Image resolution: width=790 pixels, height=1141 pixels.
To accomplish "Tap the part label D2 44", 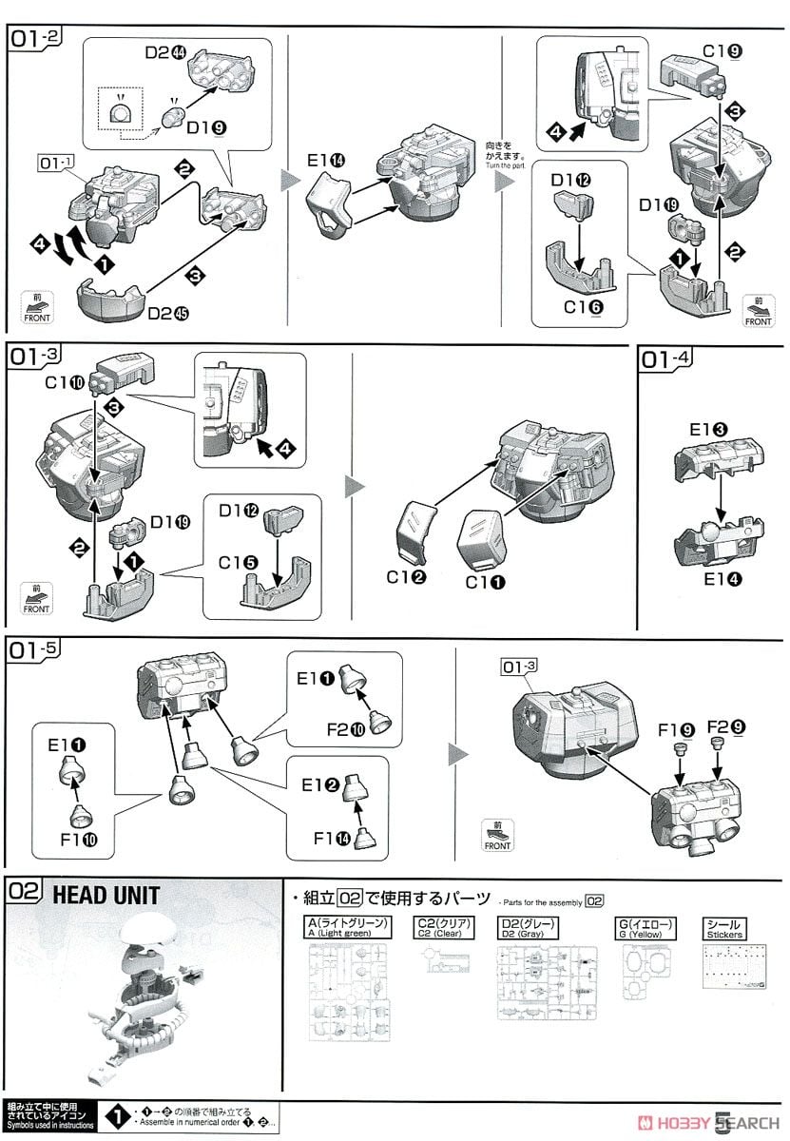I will (166, 54).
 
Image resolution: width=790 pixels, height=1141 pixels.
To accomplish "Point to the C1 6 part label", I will (582, 307).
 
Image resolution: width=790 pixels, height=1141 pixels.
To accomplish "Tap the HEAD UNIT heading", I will (106, 895).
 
